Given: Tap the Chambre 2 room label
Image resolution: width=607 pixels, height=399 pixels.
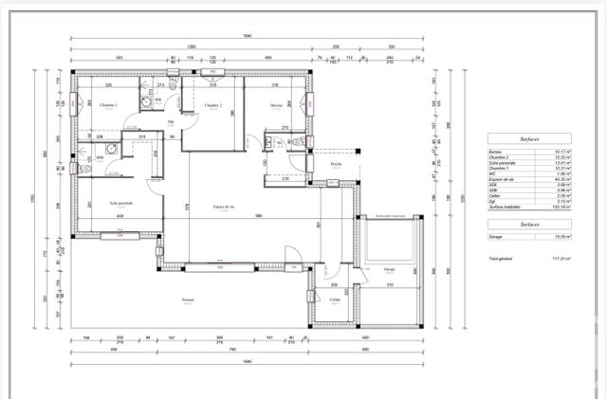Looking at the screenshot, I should pos(212,105).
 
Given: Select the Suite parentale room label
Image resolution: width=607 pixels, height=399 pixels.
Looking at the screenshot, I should pos(120,202).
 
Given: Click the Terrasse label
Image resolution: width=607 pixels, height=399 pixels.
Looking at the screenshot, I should pos(188,300).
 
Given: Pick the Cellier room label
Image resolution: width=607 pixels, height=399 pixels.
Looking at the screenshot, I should pos(335,299).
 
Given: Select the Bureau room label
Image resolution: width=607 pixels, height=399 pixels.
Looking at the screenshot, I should pos(276,105).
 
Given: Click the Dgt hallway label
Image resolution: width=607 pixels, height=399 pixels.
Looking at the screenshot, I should pos(171,122).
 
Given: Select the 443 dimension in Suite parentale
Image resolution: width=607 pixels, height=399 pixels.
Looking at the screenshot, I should pos(120,216).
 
